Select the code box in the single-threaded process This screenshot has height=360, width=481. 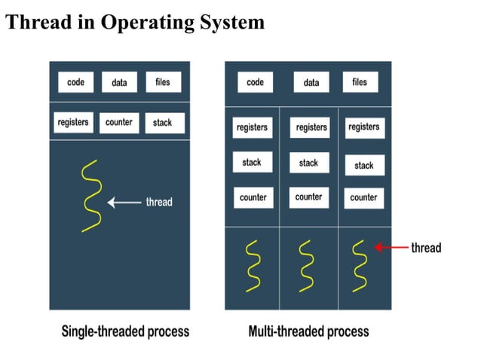(x=76, y=82)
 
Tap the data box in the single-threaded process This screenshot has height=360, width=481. (x=119, y=83)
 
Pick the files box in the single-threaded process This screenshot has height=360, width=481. (x=163, y=82)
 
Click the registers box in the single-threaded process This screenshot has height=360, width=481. (x=73, y=122)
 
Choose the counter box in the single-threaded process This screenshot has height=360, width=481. (x=119, y=122)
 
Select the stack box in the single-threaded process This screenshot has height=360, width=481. (x=163, y=123)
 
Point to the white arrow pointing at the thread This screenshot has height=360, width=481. (x=124, y=202)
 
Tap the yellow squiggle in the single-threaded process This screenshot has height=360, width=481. (x=90, y=196)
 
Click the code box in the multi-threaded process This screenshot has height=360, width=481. (x=255, y=82)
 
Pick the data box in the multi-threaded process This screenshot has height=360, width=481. (x=311, y=83)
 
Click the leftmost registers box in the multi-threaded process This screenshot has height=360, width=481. (x=252, y=127)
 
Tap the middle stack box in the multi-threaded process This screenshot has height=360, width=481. (x=308, y=163)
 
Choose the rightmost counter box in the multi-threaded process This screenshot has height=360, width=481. (x=363, y=197)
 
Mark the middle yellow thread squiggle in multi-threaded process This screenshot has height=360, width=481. (x=305, y=264)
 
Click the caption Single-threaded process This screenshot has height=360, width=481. (x=125, y=331)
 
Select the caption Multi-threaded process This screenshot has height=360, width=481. (x=309, y=331)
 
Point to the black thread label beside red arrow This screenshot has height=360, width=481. (x=426, y=248)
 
